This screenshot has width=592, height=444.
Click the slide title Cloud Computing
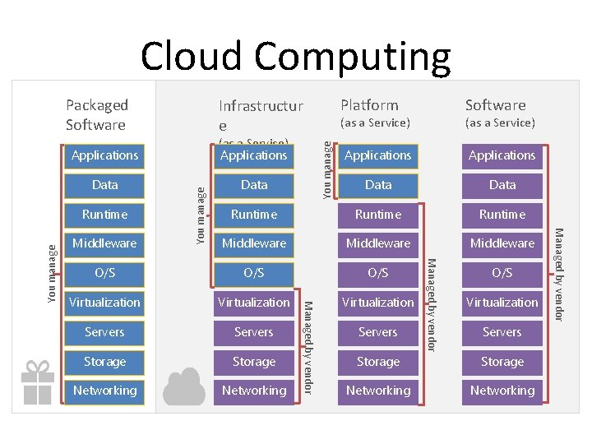coord(295,56)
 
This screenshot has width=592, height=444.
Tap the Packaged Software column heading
coord(97,114)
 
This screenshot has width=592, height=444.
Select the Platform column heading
coord(369,105)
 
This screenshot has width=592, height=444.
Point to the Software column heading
coord(495,105)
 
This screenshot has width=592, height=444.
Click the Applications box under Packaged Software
coord(104,155)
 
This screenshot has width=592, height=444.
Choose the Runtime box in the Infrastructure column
coord(254,215)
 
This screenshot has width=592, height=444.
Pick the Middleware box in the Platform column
coord(378,243)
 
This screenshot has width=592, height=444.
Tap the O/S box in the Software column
coord(502,273)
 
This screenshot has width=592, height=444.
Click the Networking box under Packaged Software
coord(104,391)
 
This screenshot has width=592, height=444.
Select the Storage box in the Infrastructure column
coord(254,362)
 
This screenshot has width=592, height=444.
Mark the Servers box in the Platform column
coord(378,332)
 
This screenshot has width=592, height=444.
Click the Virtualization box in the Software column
coord(502,303)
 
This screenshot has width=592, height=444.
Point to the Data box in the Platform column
coord(378,185)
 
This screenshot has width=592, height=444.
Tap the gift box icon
coord(37,382)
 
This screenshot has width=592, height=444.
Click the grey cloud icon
coord(185,386)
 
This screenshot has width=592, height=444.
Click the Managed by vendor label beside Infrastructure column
coord(308,347)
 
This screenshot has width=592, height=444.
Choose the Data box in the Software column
coord(502,185)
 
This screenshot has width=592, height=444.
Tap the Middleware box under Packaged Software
coord(104,243)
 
